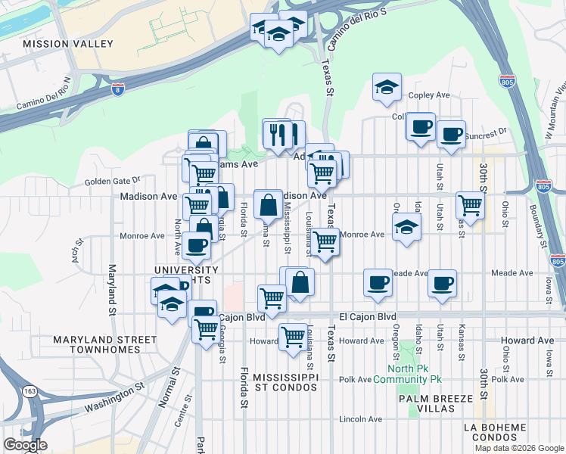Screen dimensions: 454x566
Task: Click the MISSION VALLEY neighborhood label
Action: (x=68, y=45)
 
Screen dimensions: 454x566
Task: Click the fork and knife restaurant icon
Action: (x=277, y=133)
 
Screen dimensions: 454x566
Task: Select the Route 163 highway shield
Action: (x=29, y=390)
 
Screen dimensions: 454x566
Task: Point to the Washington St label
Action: (x=114, y=397)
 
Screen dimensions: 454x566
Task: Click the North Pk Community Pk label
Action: (x=409, y=374)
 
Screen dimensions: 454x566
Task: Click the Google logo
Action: (x=26, y=445)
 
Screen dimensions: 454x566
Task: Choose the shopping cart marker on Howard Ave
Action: (x=292, y=337)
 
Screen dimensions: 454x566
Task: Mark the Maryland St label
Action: (x=111, y=291)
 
